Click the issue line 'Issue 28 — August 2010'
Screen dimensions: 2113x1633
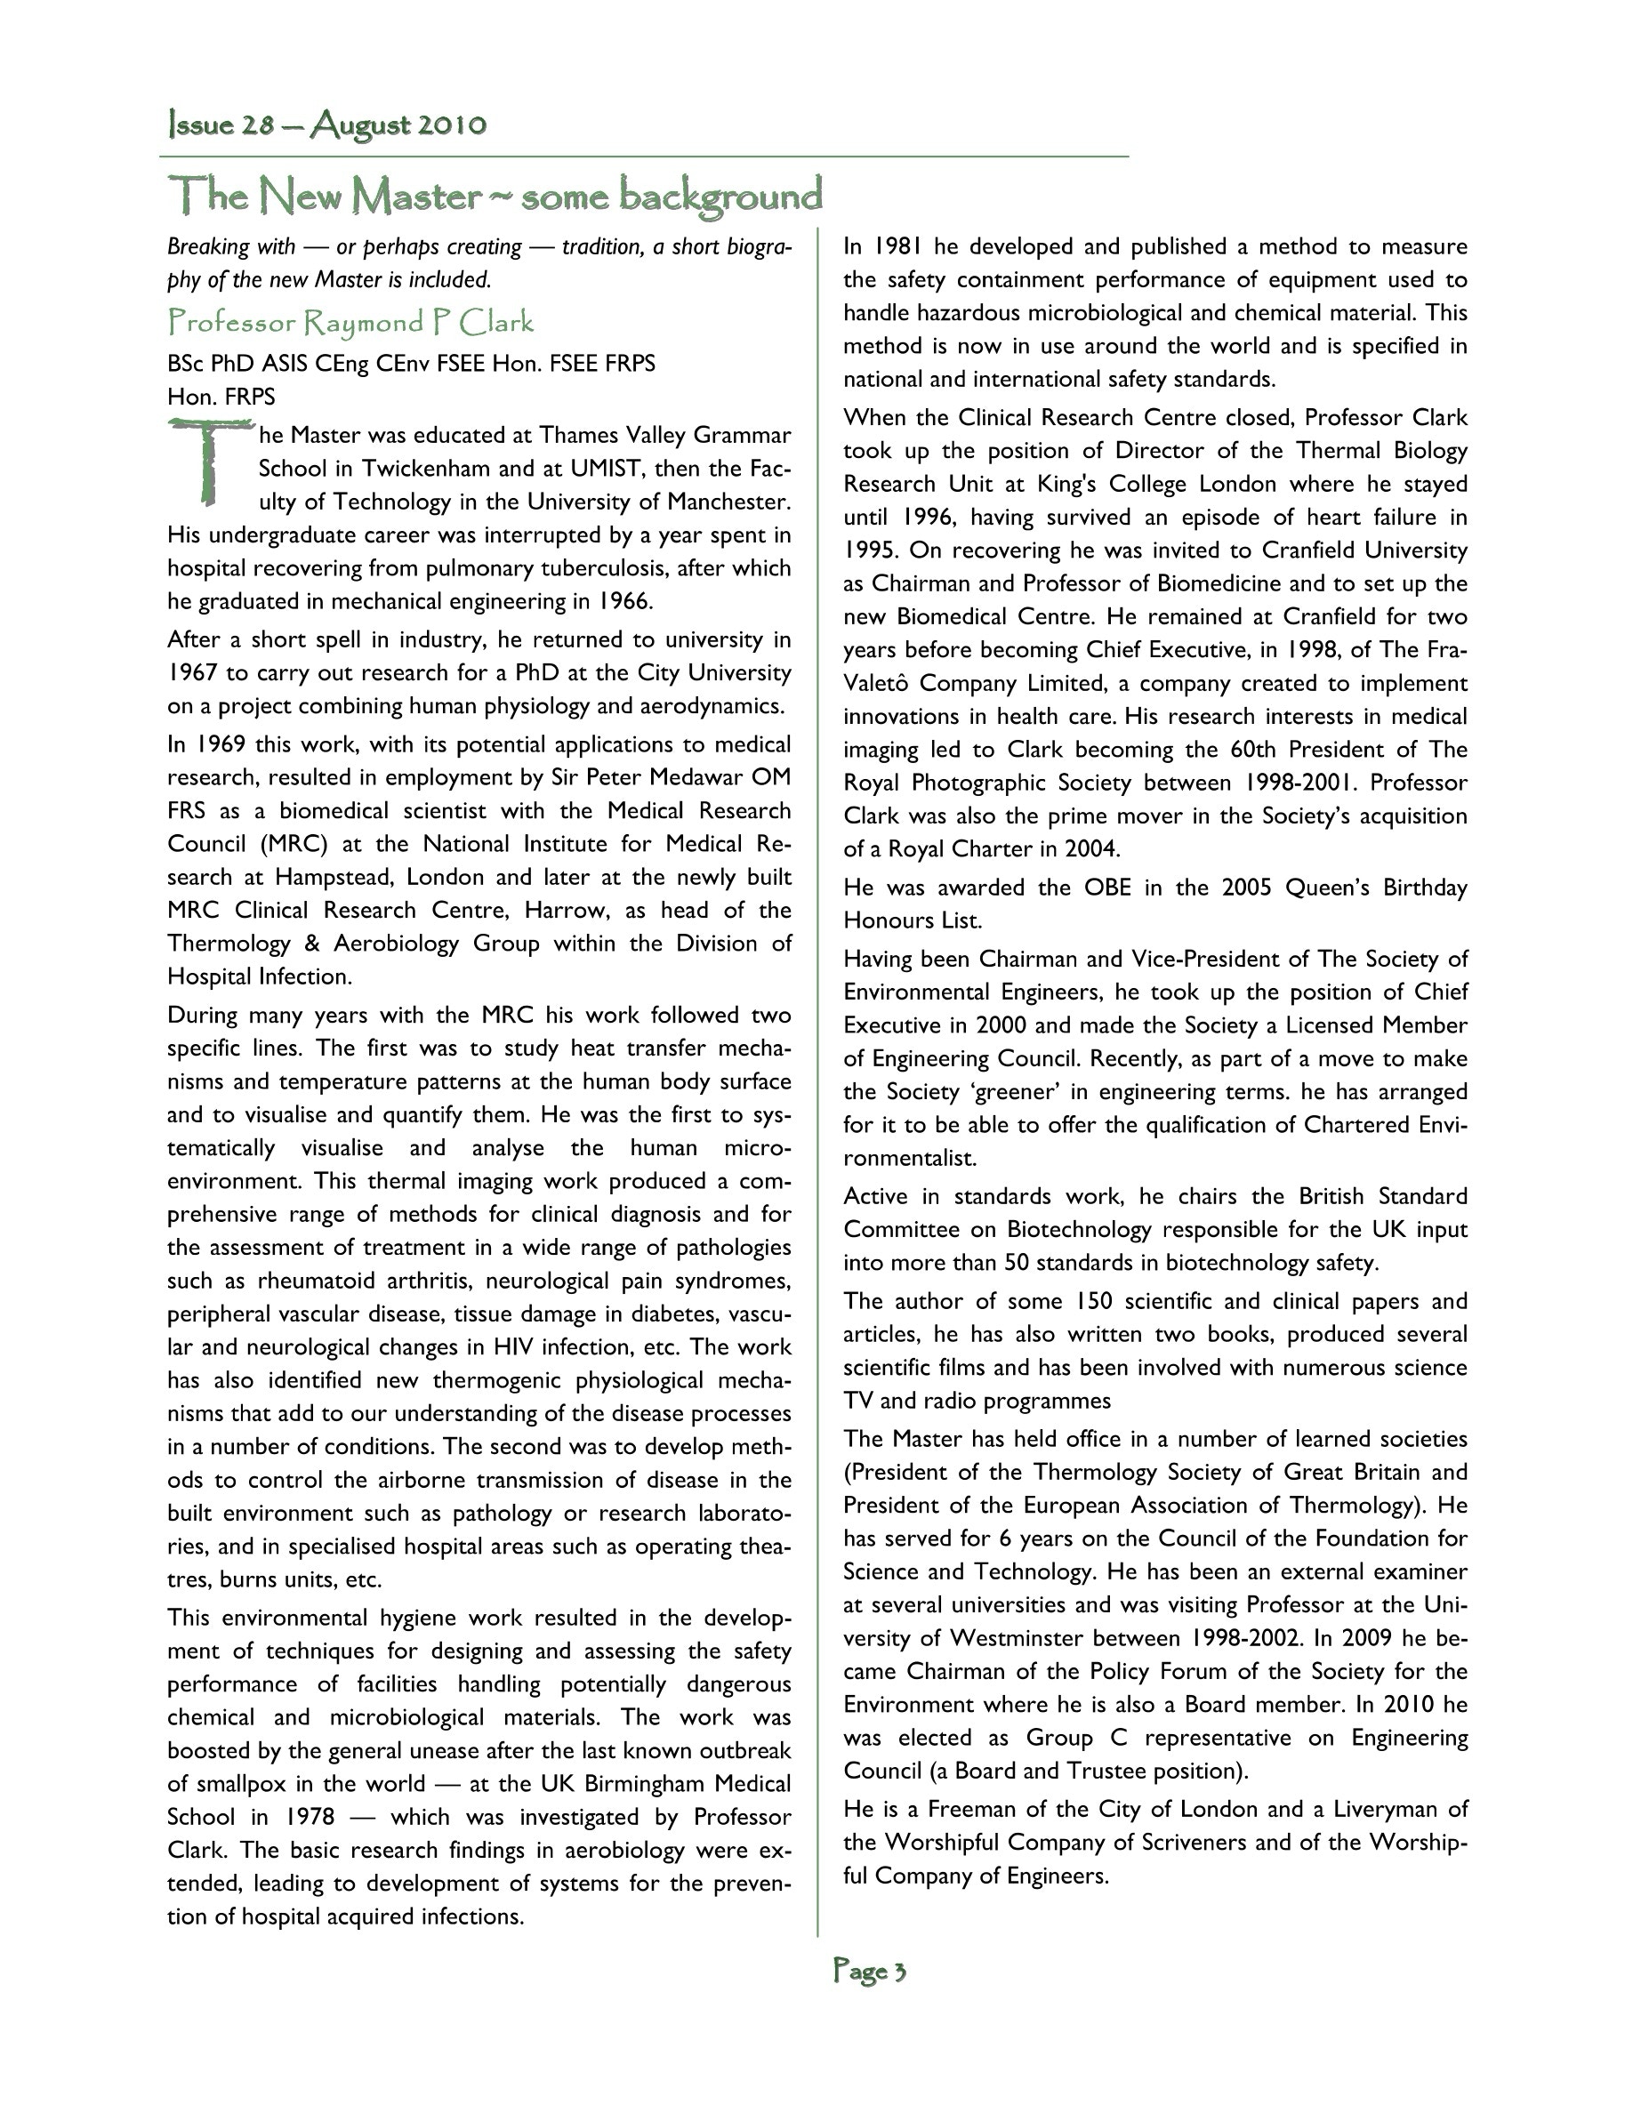tap(327, 125)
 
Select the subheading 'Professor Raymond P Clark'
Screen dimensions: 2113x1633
tap(350, 322)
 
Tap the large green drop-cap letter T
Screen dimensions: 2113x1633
tap(207, 462)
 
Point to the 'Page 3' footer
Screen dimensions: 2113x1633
tap(870, 1971)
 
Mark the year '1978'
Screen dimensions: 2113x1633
tap(310, 1817)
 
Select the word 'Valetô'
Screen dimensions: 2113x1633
tap(874, 684)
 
